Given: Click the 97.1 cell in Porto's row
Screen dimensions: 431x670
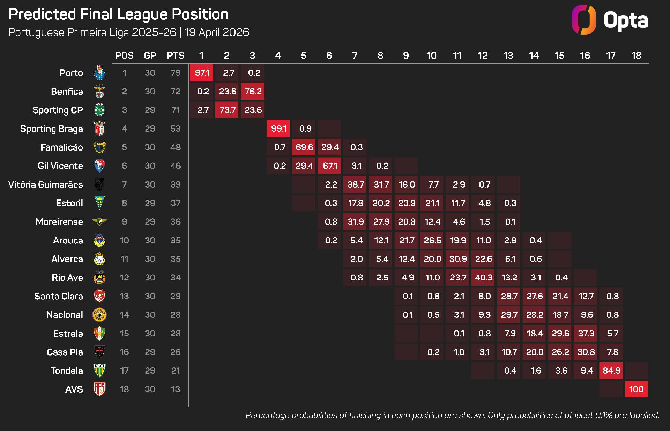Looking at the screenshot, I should (x=201, y=73).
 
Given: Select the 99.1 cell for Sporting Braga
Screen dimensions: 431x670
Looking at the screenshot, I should (x=278, y=129).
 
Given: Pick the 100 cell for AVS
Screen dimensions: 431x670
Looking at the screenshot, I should (x=636, y=389).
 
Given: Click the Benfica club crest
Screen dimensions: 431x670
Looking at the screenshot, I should (x=99, y=92).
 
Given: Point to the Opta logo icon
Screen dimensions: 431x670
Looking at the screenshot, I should (x=584, y=20).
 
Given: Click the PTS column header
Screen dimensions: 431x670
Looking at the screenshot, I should (x=176, y=56).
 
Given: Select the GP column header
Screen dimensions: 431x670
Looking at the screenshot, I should (x=150, y=56).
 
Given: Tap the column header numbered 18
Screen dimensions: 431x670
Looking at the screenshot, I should (x=636, y=56).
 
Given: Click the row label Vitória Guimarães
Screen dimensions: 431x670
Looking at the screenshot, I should (x=46, y=184).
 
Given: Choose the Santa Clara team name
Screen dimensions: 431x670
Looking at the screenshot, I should (x=59, y=296).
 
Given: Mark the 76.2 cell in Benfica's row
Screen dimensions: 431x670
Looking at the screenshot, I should (x=253, y=91).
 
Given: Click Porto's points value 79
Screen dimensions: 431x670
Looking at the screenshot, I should (x=176, y=73).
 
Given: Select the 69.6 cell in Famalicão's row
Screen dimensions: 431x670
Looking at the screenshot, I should (x=304, y=147).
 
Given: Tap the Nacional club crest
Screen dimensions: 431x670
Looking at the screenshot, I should (x=99, y=315).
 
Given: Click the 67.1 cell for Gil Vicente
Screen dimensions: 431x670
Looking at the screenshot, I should (x=329, y=166).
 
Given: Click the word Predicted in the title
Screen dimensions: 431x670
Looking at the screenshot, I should (x=42, y=14).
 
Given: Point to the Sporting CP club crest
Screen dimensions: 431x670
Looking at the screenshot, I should (x=99, y=110).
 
